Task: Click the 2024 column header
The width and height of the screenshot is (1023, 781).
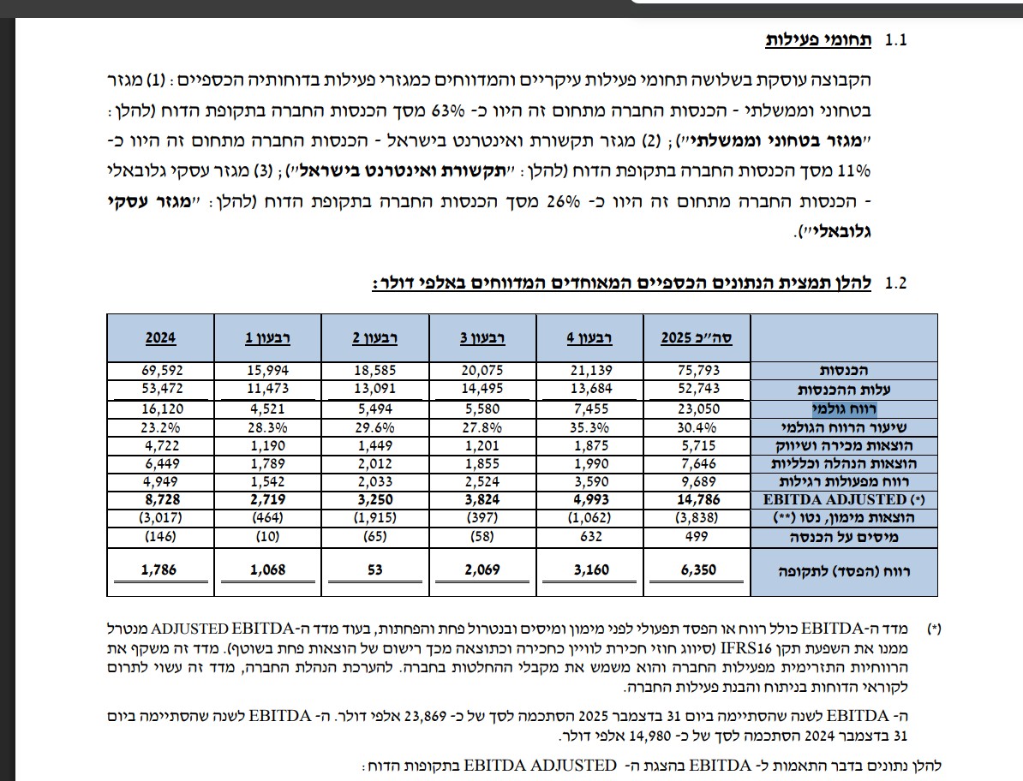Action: point(160,337)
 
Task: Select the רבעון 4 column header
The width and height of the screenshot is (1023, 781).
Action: point(589,337)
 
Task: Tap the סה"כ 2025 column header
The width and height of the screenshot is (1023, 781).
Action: point(696,337)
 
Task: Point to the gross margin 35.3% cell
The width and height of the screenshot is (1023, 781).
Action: point(589,426)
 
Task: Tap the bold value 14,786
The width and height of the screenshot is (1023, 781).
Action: point(697,498)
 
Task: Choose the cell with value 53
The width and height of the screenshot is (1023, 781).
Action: point(374,570)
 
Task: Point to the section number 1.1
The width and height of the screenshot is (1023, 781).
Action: point(895,41)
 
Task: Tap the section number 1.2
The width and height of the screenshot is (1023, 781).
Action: point(895,283)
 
